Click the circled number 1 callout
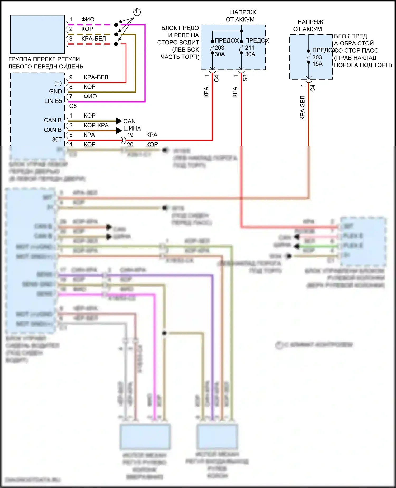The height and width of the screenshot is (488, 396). pyautogui.click(x=137, y=12)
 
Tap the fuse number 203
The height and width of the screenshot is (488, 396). pyautogui.click(x=219, y=48)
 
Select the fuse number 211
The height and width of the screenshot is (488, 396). pyautogui.click(x=250, y=48)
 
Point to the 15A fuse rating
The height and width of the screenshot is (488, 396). pyautogui.click(x=318, y=64)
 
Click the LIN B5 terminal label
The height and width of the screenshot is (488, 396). pyautogui.click(x=53, y=101)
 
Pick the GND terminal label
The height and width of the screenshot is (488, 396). pyautogui.click(x=55, y=91)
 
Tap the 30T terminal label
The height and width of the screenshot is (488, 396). pyautogui.click(x=57, y=140)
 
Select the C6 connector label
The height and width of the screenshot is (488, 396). pyautogui.click(x=73, y=106)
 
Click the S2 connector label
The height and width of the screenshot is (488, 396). pyautogui.click(x=245, y=78)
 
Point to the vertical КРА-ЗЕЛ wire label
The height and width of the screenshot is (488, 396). pyautogui.click(x=303, y=108)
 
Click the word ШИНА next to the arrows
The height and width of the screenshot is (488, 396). pyautogui.click(x=132, y=128)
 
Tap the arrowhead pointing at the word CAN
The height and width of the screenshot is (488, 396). pyautogui.click(x=119, y=121)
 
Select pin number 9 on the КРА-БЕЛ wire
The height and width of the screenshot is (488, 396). pyautogui.click(x=71, y=77)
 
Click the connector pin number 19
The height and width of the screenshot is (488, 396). pyautogui.click(x=130, y=135)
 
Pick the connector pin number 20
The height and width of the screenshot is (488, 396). pyautogui.click(x=130, y=144)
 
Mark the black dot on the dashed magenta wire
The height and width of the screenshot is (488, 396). pyautogui.click(x=116, y=25)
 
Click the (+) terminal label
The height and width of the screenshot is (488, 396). pyautogui.click(x=58, y=83)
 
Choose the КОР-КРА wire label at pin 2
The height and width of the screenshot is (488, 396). pyautogui.click(x=96, y=125)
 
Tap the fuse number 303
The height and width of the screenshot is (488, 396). pyautogui.click(x=317, y=57)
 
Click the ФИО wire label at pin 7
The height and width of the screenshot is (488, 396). pyautogui.click(x=90, y=96)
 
